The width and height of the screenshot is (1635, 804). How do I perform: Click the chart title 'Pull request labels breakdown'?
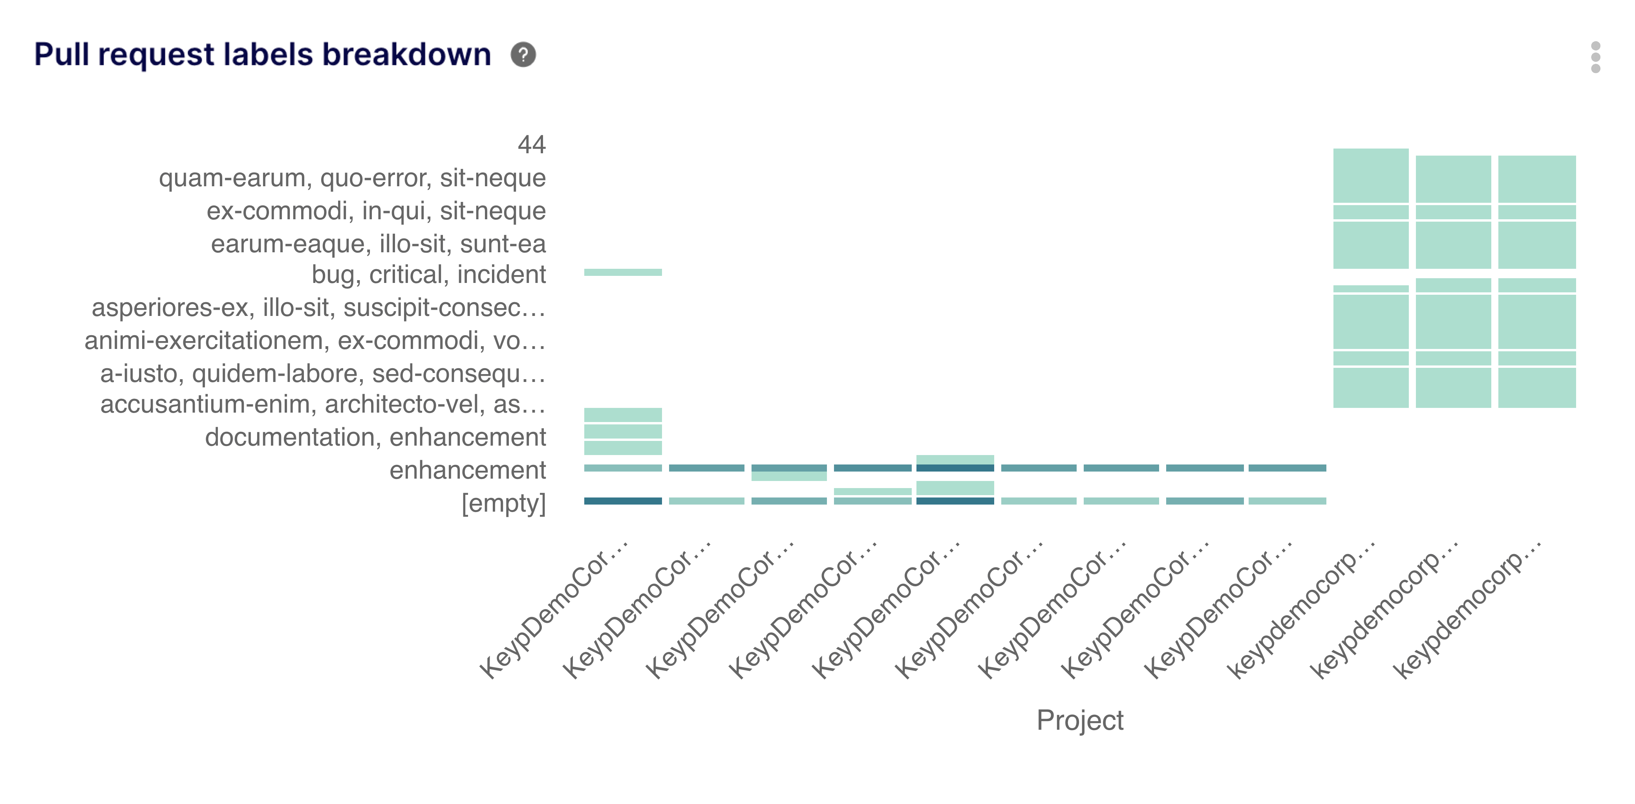(262, 55)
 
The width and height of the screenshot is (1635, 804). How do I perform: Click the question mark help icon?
(523, 55)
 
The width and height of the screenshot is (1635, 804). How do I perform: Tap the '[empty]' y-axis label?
(503, 503)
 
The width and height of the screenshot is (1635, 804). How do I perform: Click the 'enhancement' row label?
(467, 470)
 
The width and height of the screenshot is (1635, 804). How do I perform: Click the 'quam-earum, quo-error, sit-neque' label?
(352, 178)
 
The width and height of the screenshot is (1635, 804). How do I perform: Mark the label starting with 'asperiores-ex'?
(318, 307)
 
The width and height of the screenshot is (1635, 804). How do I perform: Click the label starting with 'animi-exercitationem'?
(315, 340)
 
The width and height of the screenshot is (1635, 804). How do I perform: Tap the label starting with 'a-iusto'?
(322, 373)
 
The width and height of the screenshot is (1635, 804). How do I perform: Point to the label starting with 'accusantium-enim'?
(322, 404)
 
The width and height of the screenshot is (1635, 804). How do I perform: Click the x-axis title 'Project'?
(1080, 720)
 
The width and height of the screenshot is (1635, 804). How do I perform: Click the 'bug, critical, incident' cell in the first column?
(623, 272)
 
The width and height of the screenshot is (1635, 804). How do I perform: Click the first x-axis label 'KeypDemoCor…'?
(554, 609)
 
